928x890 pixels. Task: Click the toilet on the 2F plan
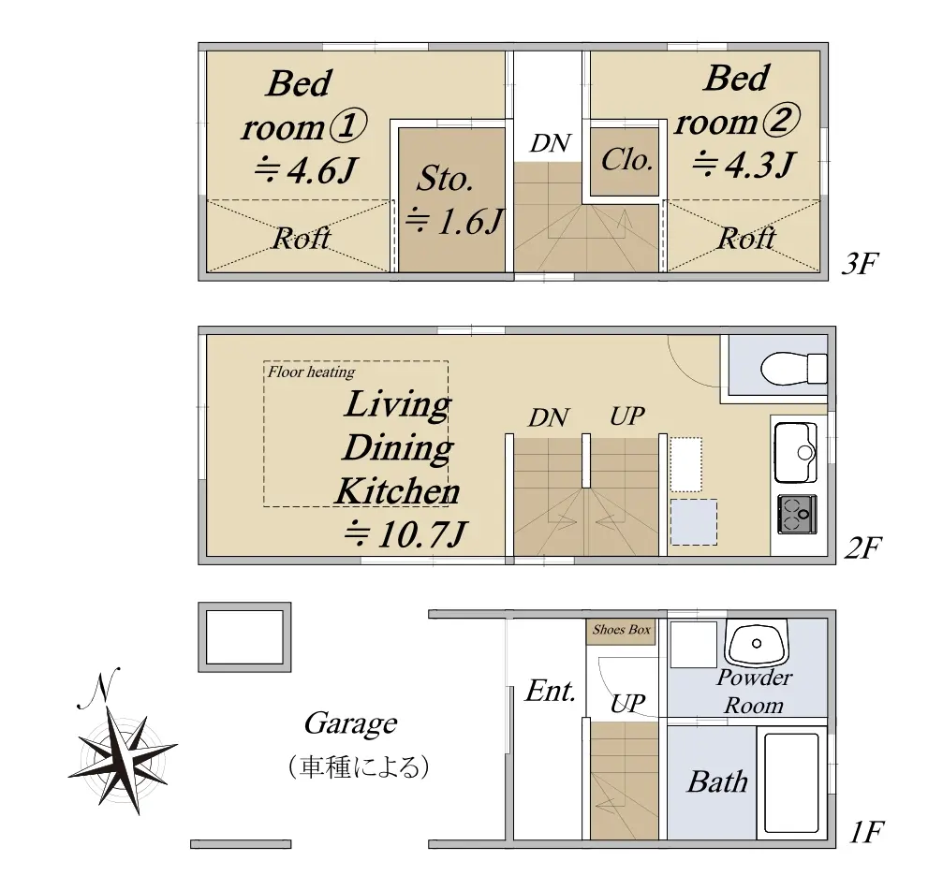click(x=793, y=370)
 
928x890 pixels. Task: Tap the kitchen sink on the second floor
click(x=796, y=452)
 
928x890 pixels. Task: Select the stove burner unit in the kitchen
click(x=797, y=514)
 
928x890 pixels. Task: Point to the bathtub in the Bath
click(x=792, y=782)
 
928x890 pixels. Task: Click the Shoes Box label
click(x=622, y=630)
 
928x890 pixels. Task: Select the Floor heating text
click(x=311, y=372)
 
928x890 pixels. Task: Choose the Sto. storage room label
click(x=445, y=178)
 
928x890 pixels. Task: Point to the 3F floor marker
click(x=860, y=264)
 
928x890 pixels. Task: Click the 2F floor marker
click(x=862, y=547)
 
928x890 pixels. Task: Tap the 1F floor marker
click(x=866, y=833)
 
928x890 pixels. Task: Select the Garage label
click(x=350, y=723)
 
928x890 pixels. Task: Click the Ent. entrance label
click(x=551, y=691)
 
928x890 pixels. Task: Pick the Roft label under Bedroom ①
click(x=302, y=239)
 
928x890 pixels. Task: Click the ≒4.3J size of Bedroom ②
click(x=744, y=165)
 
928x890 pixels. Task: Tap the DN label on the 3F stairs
click(x=551, y=143)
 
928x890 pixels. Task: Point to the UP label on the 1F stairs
click(x=627, y=704)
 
